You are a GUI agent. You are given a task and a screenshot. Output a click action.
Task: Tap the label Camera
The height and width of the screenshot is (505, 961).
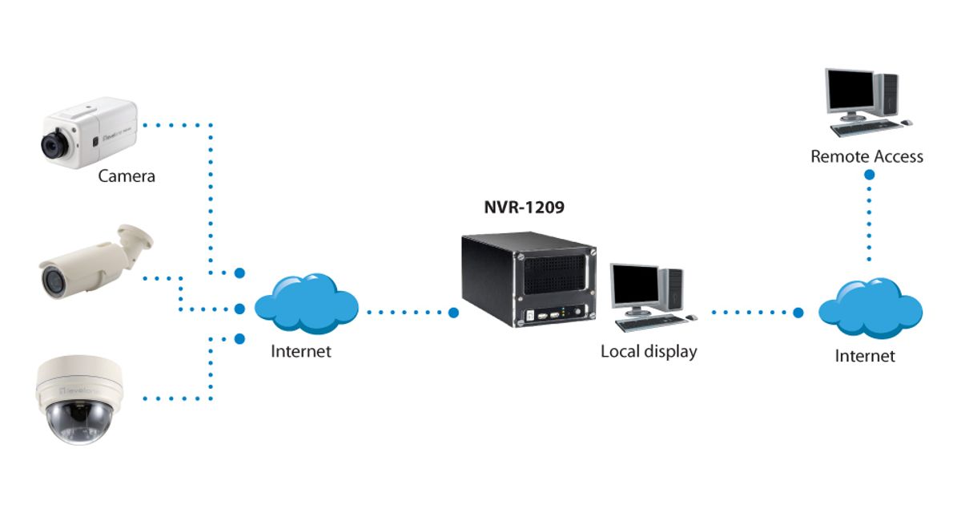pyautogui.click(x=127, y=176)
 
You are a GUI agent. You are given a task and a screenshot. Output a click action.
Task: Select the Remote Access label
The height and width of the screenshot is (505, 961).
pyautogui.click(x=867, y=156)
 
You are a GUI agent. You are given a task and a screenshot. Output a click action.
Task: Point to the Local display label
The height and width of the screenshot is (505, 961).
pyautogui.click(x=649, y=351)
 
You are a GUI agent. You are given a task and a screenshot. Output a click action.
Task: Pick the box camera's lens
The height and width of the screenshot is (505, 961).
pyautogui.click(x=54, y=144)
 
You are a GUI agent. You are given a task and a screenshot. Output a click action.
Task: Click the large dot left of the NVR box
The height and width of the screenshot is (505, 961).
pyautogui.click(x=454, y=312)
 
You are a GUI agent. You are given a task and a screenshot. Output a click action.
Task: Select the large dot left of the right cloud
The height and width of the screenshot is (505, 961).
pyautogui.click(x=798, y=313)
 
